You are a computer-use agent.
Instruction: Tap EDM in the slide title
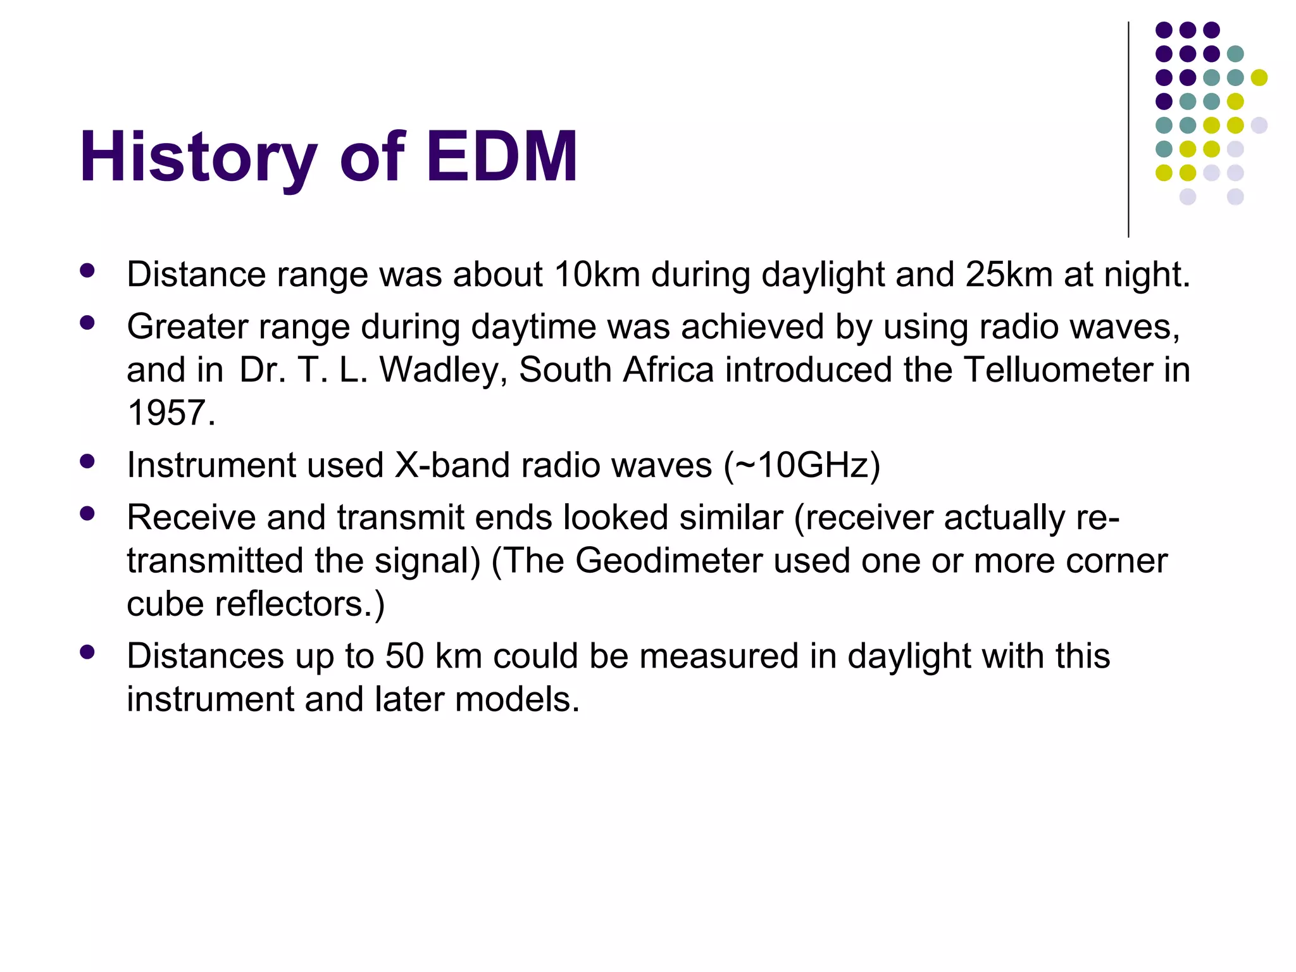click(x=502, y=157)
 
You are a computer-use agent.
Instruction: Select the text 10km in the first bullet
click(x=597, y=275)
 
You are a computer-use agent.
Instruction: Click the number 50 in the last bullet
click(x=404, y=656)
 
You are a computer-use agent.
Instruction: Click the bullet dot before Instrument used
click(x=87, y=461)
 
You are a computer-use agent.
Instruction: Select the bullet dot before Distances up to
click(x=87, y=652)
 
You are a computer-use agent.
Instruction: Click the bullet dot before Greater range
click(x=87, y=323)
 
